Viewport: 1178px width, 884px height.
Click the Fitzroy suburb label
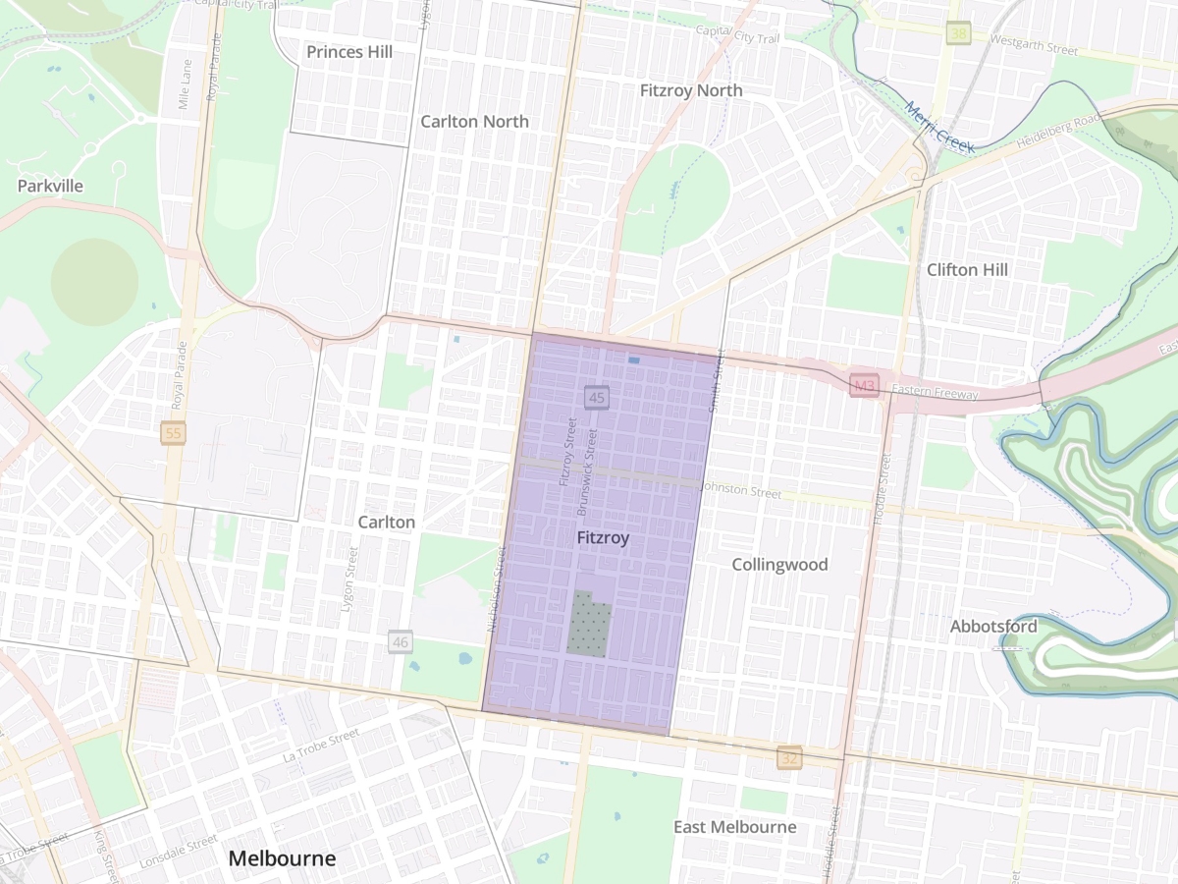[x=603, y=538]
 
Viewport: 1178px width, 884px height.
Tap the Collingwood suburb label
[x=780, y=564]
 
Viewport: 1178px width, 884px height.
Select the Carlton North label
[x=474, y=122]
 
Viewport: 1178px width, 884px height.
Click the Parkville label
[x=50, y=186]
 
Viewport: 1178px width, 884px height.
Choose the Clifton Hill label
[x=967, y=269]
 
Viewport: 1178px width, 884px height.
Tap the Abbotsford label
[x=993, y=627]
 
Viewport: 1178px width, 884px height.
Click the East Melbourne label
[x=734, y=826]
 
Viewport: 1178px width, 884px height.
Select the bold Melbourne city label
[x=282, y=858]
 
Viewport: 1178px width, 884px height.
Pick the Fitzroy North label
[x=691, y=90]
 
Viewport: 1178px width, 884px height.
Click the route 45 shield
[x=597, y=398]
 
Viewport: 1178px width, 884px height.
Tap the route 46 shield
[x=400, y=642]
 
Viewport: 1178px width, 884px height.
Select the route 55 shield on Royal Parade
[x=174, y=433]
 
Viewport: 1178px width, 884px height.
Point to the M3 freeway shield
[x=863, y=387]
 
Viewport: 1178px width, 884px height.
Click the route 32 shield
[x=790, y=758]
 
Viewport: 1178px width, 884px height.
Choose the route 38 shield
[x=959, y=33]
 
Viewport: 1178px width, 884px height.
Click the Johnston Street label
[x=741, y=488]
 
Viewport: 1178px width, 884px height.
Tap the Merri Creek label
[x=939, y=128]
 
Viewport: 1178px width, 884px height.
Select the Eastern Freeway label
[x=937, y=394]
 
